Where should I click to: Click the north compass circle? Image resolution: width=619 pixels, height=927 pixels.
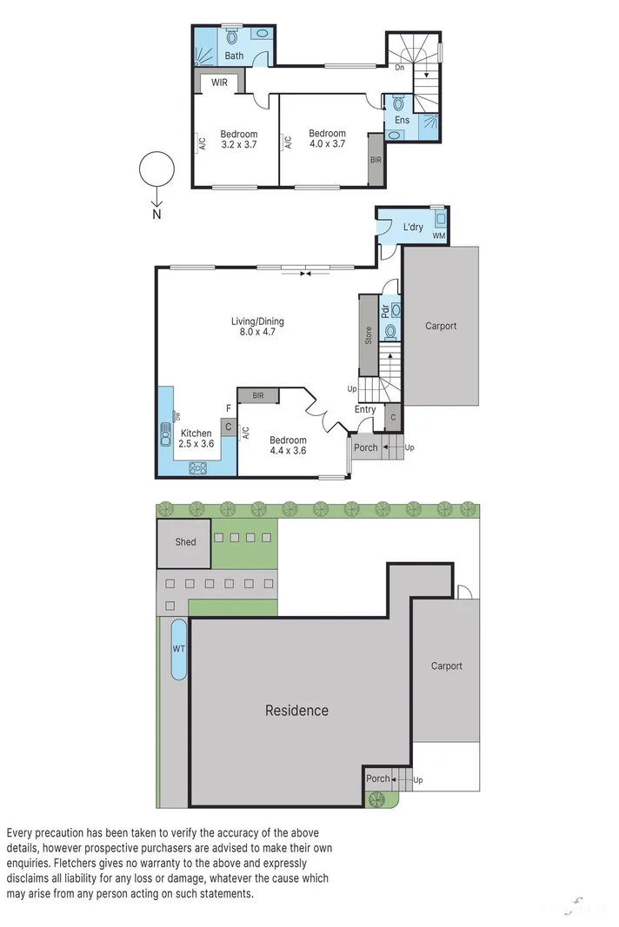coord(156,169)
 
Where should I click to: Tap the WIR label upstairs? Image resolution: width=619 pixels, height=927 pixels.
coord(219,83)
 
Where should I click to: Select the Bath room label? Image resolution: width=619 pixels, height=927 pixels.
coord(235,56)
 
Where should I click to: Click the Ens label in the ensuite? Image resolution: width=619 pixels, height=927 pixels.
coord(402,120)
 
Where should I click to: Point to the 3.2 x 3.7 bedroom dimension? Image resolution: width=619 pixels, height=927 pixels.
coord(238,145)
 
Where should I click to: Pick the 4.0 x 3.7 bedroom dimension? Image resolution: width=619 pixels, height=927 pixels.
coord(327,144)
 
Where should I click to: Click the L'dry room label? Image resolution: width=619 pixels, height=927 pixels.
coord(413,228)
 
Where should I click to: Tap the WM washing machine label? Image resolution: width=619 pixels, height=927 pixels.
coord(438,235)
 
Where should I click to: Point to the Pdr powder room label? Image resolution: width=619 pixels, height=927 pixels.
coord(384,310)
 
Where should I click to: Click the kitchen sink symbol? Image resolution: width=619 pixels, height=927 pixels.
coord(166,434)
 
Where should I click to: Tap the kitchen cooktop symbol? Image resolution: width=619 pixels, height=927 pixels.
coord(199,467)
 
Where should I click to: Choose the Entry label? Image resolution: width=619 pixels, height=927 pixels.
coord(365,409)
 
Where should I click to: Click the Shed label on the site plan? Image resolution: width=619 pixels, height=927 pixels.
coord(185,541)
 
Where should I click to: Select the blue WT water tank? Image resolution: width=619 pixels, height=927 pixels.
coord(178,649)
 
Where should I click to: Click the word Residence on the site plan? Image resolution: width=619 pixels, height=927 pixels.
coord(296,711)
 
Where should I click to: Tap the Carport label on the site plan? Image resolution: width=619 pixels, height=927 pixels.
coord(447,666)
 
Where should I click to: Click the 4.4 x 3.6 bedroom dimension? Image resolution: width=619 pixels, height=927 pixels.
coord(287,451)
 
